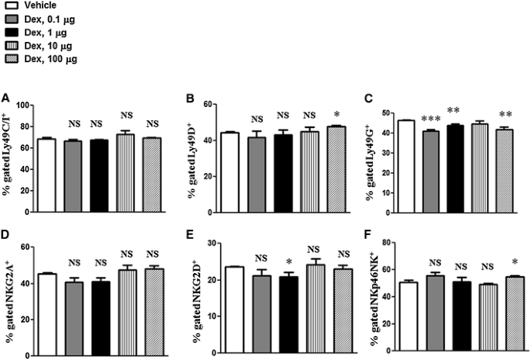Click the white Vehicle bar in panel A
click(x=47, y=175)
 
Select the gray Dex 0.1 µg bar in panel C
click(x=431, y=171)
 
